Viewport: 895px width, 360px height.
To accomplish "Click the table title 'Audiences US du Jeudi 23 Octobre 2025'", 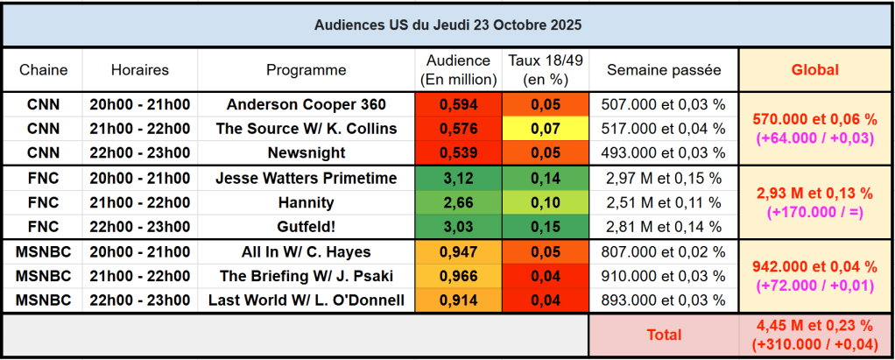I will [447, 25].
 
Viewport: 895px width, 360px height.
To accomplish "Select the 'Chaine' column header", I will [43, 70].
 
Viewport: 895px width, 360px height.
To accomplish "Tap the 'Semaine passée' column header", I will [663, 70].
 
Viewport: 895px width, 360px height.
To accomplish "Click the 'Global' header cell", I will [814, 70].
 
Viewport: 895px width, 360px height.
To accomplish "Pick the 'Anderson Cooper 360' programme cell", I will [306, 104].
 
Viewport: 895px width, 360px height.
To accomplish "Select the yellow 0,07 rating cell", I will [545, 129].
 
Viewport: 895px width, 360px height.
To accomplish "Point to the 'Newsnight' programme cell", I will [306, 153].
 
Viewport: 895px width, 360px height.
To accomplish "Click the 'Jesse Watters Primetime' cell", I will [306, 179].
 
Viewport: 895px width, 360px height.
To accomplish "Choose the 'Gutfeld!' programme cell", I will [306, 228].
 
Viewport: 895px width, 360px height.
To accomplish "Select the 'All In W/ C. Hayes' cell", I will [306, 252].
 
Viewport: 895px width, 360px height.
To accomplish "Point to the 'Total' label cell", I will [663, 335].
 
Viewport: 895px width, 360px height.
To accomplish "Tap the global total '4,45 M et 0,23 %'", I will [814, 327].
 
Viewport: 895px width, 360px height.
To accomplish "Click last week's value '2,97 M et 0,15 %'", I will [663, 179].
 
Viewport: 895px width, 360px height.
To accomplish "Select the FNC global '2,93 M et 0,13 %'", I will [814, 193].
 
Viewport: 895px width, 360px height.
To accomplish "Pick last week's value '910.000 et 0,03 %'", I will [663, 277].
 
